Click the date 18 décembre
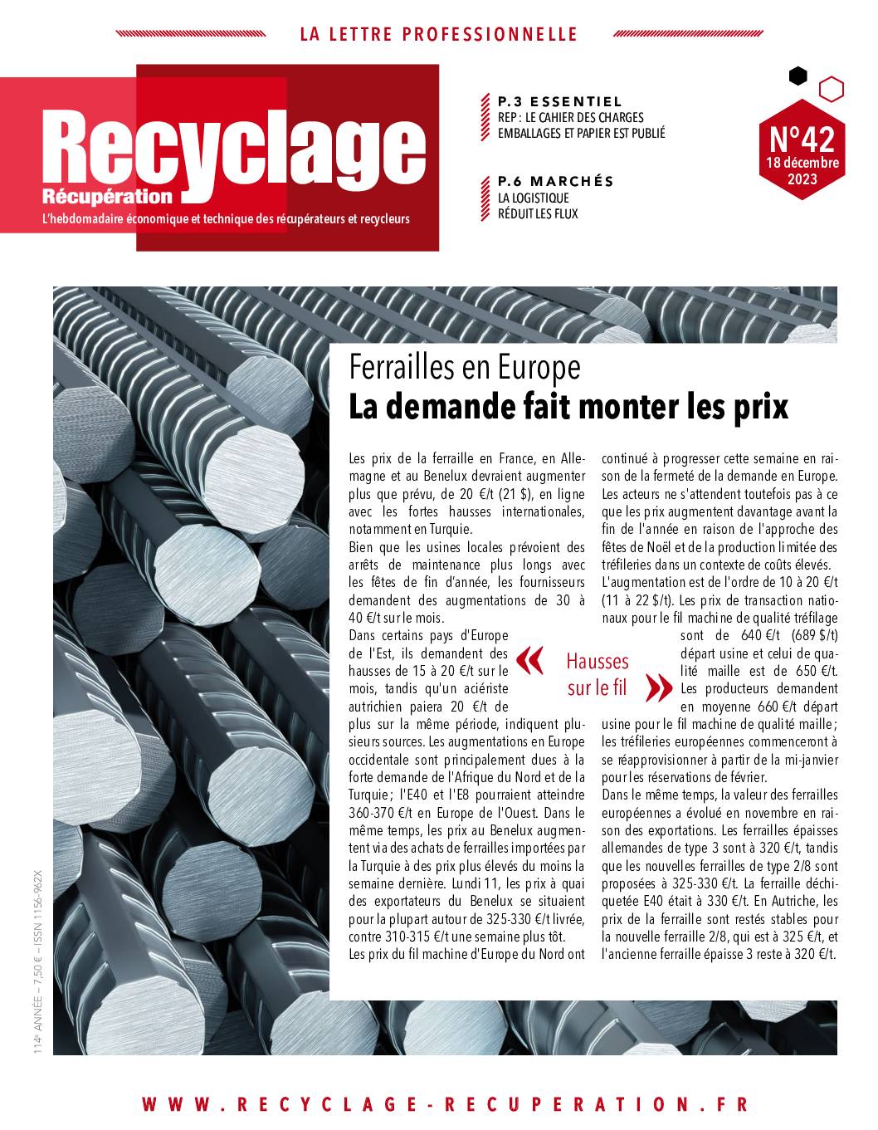802,162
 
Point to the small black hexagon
798,76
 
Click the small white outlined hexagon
831,89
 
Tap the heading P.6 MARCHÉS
555,181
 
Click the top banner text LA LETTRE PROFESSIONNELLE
438,34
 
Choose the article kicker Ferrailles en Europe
464,365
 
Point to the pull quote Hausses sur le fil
598,674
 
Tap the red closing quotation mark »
658,687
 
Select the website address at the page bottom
446,1103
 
